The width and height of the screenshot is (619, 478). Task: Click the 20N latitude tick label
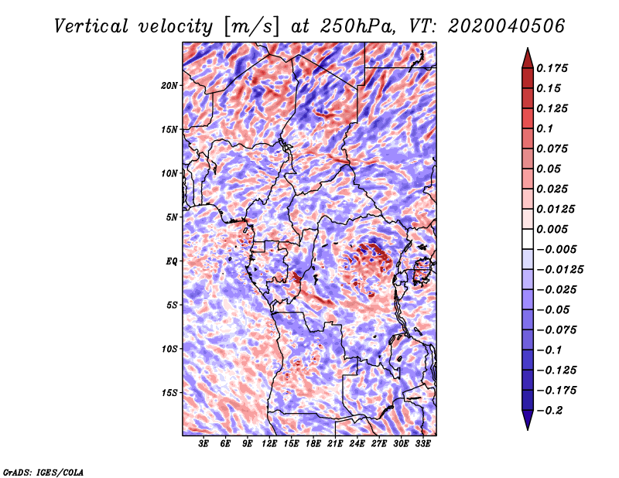(x=169, y=86)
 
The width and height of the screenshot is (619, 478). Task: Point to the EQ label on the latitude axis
(x=172, y=261)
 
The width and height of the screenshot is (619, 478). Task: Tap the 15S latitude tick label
(x=169, y=393)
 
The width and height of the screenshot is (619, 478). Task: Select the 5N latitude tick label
(x=172, y=217)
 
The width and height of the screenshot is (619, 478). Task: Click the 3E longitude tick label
(x=203, y=444)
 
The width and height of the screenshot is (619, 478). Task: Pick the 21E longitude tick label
(x=335, y=444)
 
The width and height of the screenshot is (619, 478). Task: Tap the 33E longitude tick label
(x=422, y=444)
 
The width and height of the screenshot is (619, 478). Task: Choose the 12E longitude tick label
(x=268, y=444)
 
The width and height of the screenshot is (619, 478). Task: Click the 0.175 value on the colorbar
(x=552, y=68)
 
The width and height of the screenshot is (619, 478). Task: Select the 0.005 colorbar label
(x=552, y=229)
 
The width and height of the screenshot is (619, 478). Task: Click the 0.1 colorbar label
(x=545, y=128)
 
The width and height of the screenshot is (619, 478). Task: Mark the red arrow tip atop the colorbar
(x=528, y=48)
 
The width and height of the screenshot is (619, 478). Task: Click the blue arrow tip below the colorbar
(x=528, y=429)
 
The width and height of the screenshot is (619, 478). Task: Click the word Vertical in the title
(x=91, y=26)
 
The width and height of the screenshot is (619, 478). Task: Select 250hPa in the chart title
(x=357, y=26)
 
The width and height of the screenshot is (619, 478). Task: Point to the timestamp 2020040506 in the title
(x=507, y=26)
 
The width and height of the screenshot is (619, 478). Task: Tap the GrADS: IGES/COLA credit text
(x=43, y=472)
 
